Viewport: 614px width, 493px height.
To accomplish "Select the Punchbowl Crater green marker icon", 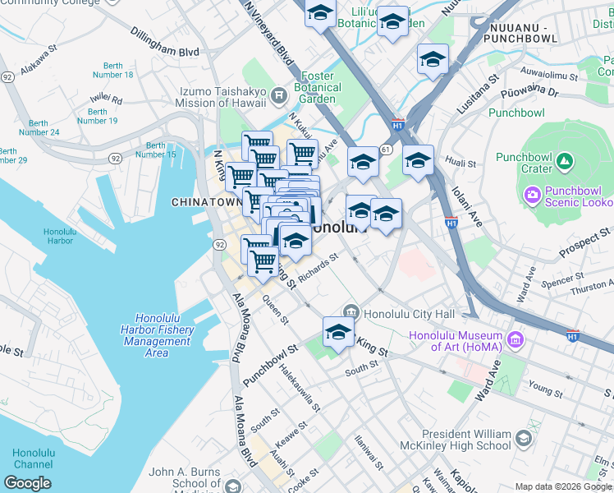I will (x=563, y=161).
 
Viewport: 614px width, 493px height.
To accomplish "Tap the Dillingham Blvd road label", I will (x=164, y=42).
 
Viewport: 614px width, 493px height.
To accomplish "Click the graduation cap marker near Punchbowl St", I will (x=337, y=333).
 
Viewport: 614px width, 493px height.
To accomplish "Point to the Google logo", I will (x=27, y=482).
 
